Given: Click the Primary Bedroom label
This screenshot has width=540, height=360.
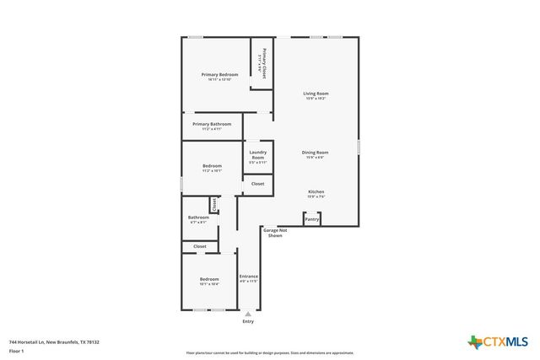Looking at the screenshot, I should (219, 75).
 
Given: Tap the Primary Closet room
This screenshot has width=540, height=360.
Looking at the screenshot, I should (262, 63).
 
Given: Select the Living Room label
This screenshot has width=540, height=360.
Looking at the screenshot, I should (316, 94).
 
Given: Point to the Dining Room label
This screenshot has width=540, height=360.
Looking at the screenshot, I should (316, 153).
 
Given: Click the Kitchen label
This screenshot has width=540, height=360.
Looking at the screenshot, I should (316, 192).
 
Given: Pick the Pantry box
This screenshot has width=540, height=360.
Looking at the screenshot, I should (312, 218).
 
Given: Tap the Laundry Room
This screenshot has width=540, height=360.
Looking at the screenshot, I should (257, 155).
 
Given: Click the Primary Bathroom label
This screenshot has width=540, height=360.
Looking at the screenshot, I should (211, 125).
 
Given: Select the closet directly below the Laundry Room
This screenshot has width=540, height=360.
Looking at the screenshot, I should (257, 184).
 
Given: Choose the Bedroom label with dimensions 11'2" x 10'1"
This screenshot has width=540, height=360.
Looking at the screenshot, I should (212, 167).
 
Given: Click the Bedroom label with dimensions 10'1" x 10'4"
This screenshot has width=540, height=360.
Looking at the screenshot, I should (208, 280).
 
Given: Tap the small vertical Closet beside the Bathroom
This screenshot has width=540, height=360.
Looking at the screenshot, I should (214, 204).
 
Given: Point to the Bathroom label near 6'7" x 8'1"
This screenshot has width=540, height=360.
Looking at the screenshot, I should (197, 218).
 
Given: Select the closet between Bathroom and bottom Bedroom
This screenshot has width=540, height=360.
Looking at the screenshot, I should (200, 246).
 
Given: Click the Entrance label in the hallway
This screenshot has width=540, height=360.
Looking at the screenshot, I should (248, 277).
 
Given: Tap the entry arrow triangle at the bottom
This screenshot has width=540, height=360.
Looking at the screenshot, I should (248, 314).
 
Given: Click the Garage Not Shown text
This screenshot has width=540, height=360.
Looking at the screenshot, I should (275, 233).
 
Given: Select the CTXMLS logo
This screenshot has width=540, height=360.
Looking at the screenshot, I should (498, 341).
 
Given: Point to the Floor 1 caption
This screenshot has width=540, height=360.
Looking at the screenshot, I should (16, 350).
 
